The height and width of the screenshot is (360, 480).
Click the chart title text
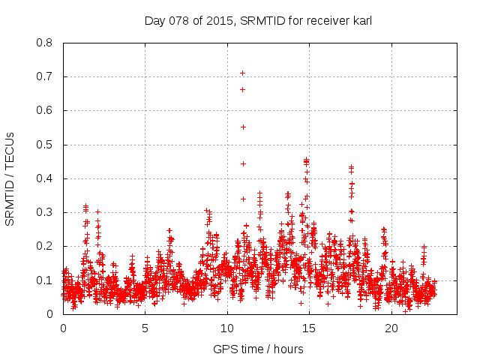pos(258,21)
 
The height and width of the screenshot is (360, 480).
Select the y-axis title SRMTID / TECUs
pos(10,178)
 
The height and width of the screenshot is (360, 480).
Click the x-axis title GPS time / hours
pos(258,349)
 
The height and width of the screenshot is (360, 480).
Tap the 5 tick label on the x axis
pos(145,328)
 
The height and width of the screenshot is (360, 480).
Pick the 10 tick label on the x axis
pos(227,328)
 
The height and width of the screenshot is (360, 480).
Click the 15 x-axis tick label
pos(310,328)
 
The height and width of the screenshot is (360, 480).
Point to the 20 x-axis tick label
pos(391,328)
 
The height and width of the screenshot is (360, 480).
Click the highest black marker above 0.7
pos(243,73)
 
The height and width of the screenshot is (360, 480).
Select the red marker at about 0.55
pos(243,127)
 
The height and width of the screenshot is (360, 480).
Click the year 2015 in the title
pos(224,21)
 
